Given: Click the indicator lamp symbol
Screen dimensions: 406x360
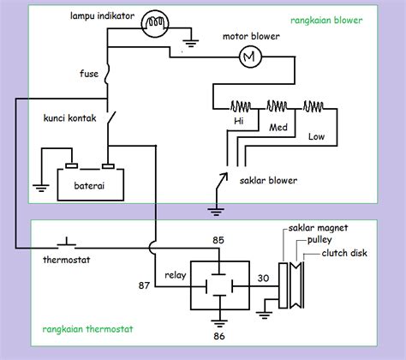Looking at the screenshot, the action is pos(155,24).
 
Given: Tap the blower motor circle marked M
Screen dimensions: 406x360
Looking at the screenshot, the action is pos(250,57).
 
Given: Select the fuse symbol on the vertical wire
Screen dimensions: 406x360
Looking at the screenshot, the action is pos(107,74).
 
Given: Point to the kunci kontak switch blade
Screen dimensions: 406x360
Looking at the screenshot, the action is pos(111,117).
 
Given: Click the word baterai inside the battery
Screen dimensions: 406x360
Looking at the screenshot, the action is pos(89,186).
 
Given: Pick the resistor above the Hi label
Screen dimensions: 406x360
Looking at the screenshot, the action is pos(241,106).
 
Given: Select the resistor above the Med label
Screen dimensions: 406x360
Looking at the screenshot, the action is pos(277,106).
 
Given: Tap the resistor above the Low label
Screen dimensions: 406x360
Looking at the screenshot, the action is pos(313,106).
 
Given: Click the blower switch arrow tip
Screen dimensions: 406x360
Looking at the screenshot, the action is pos(227,172).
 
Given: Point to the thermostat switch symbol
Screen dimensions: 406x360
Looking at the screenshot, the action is pos(67,243).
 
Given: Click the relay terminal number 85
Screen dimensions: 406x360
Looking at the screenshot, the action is pos(218,240).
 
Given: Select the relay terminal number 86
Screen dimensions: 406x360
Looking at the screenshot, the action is pos(219,336).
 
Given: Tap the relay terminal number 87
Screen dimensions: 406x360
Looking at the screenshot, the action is pos(144,285).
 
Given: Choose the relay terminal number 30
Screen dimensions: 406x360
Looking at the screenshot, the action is pos(263,278).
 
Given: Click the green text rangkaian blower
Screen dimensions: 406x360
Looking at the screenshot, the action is pos(326,21).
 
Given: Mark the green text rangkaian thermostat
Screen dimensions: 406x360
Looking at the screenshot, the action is pos(87,329).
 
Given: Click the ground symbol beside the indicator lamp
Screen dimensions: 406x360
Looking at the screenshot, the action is pos(191,43).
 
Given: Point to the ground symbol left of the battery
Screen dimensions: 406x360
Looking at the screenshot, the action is pos(41,188).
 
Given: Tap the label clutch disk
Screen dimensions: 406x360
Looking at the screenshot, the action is pos(344,253).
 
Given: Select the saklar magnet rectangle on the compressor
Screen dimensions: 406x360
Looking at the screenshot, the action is pos(283,285).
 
